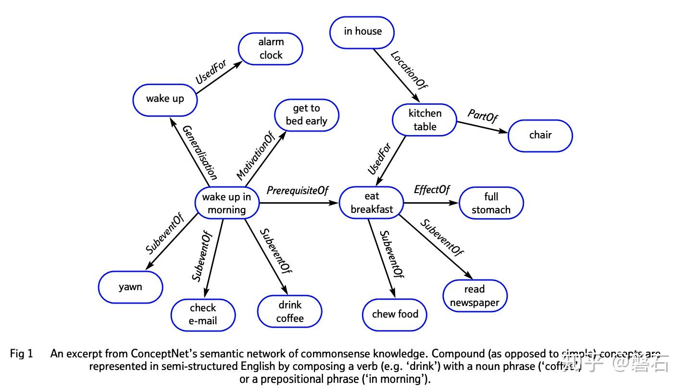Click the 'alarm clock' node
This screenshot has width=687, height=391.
point(271,49)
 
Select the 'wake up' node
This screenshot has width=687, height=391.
point(165,99)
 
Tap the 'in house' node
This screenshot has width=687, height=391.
point(362,32)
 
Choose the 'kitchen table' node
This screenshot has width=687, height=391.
point(425,120)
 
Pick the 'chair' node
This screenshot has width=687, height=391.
point(540,135)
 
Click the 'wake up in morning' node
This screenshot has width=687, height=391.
point(226,203)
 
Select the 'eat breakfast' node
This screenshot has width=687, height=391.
point(372,203)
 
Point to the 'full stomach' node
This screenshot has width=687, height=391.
point(491,203)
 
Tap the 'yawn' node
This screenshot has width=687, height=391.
point(130,287)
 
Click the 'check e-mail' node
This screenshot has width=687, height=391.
point(203,314)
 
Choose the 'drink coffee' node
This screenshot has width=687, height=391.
point(289,311)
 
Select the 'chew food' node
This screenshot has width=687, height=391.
point(395,314)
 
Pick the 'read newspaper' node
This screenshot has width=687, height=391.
point(475,296)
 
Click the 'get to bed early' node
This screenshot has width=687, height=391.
point(306,115)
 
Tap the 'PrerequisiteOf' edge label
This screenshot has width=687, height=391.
point(297,191)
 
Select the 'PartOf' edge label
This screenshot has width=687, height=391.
point(483,116)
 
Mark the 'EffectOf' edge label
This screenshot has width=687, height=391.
point(432,190)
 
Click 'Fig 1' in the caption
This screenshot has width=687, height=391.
point(22,354)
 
